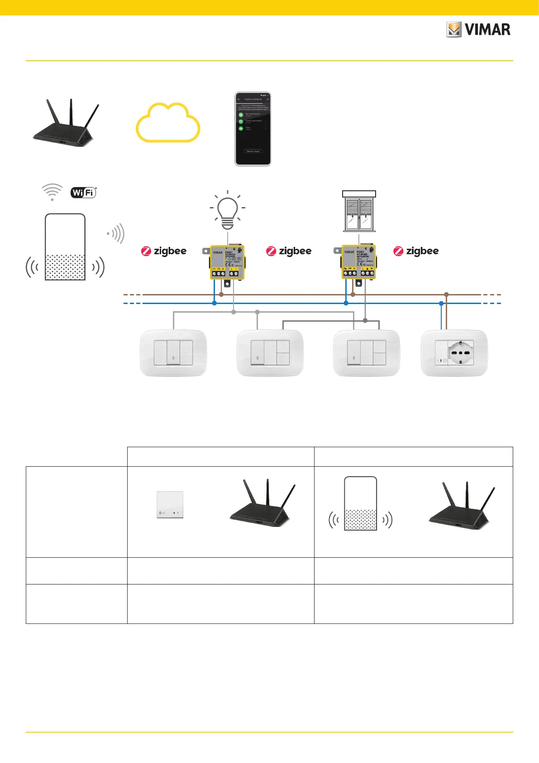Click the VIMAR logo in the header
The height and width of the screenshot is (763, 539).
coord(478,30)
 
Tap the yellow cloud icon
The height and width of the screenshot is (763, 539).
coord(168,123)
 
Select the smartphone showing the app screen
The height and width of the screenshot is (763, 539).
coord(253,129)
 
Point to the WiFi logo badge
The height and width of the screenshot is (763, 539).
coord(84,193)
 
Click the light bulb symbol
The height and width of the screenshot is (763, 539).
coord(227,211)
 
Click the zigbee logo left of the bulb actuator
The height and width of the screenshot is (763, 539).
coord(164,251)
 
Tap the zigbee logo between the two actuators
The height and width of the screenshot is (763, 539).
coord(289,251)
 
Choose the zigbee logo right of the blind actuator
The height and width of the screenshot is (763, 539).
coord(416,251)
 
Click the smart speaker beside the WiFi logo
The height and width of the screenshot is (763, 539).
coord(65,247)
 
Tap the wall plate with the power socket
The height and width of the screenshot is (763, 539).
coord(454,353)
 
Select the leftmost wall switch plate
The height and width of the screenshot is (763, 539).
coord(173,353)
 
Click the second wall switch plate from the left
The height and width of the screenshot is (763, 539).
coord(270,353)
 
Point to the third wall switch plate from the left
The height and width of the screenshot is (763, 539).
coord(367,353)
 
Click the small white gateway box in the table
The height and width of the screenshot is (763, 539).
coord(170,504)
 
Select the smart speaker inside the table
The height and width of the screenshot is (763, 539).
coord(360,503)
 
